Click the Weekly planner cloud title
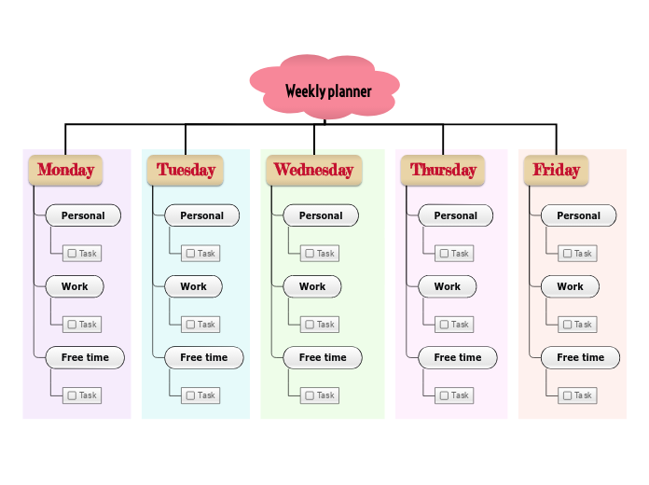[327, 90]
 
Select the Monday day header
[65, 170]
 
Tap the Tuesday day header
[185, 170]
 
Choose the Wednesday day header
[313, 170]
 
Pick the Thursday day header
[443, 170]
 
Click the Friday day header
[556, 170]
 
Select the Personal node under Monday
[83, 215]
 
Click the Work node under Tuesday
[193, 286]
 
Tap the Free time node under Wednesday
[323, 357]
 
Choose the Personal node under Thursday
[455, 215]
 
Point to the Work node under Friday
[570, 286]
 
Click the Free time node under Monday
[85, 357]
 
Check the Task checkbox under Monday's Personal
[71, 254]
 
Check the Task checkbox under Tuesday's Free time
[190, 395]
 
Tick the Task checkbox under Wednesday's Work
[309, 325]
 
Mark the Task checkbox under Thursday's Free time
[444, 395]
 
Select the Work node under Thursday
[447, 286]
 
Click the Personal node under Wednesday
[320, 215]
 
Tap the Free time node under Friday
[580, 357]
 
